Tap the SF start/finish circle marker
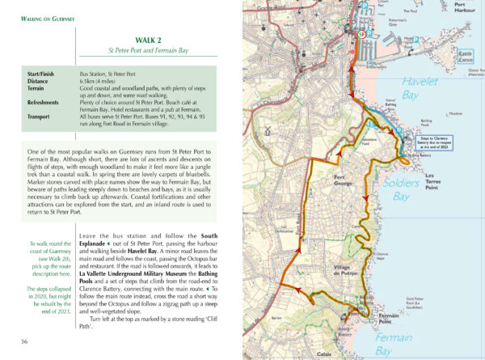coord(361,35)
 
